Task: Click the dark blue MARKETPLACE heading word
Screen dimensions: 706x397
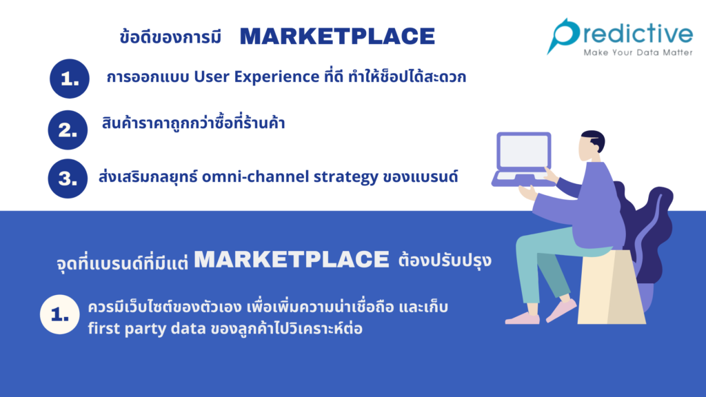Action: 337,37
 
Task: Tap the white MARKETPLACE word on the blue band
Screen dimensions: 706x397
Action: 292,259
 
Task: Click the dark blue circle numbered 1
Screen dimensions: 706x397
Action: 70,79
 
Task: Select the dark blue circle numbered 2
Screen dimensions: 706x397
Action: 68,130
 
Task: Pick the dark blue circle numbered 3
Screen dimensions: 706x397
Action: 68,179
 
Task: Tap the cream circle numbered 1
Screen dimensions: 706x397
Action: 60,314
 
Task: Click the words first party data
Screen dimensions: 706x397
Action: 147,329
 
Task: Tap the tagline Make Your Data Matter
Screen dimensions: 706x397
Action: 638,52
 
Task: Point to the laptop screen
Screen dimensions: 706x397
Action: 524,151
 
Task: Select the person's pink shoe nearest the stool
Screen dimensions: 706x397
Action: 561,311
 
